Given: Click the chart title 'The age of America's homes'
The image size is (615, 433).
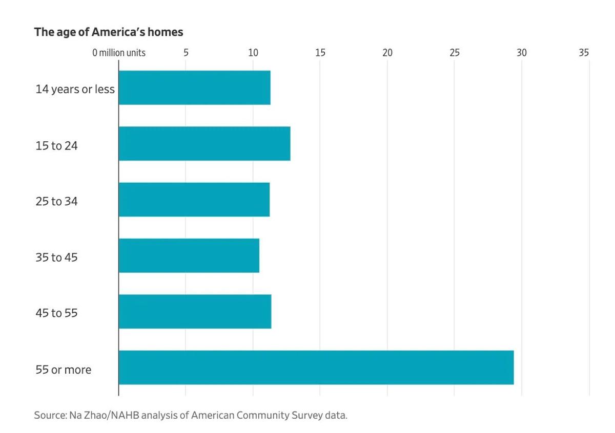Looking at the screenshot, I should coord(108,32).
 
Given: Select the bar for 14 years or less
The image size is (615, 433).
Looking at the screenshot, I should coord(194,88).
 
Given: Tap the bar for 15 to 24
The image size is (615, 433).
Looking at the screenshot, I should coord(204,143).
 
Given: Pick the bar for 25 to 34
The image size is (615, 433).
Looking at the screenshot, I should coord(194,199).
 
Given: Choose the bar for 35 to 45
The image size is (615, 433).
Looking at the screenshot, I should coord(189,255).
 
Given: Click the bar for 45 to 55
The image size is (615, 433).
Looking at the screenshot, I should coord(195,311).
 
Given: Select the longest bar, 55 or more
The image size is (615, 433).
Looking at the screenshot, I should coord(316,367).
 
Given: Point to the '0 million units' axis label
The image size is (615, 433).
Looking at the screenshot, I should coord(118,53).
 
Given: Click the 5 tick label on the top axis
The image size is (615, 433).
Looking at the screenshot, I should coord(186,53).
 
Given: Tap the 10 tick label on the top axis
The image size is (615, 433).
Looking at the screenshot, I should coord(253,53).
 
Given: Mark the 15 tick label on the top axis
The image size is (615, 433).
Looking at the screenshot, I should coord(320,53).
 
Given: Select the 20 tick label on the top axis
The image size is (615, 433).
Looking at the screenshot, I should coord(387,53).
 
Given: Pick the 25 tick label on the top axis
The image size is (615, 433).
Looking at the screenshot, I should coord(455,53).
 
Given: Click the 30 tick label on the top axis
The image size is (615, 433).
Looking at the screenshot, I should coord(522,53).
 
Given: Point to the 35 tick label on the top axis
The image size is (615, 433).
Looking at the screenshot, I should coord(584,53).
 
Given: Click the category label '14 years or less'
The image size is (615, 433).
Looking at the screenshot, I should coord(75,89).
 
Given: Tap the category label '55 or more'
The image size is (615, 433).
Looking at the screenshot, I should coord(63,370).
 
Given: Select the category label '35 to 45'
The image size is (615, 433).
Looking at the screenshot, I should coord(56,257).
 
